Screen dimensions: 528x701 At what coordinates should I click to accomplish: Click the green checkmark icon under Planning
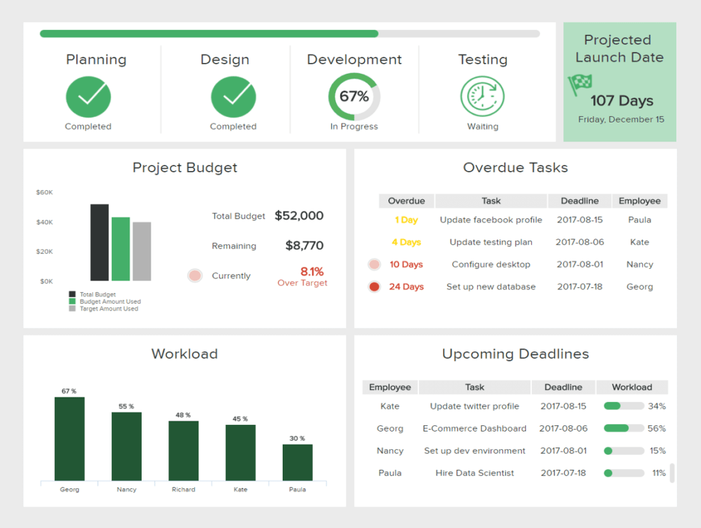click(88, 96)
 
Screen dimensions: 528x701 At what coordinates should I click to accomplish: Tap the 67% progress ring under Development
click(354, 96)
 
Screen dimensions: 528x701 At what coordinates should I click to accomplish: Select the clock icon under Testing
click(483, 96)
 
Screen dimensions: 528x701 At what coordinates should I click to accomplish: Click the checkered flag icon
click(578, 84)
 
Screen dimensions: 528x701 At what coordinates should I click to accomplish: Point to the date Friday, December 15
click(621, 119)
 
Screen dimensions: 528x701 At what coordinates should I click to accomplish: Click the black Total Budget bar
click(99, 243)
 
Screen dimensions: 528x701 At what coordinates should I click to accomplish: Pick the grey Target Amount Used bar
click(142, 252)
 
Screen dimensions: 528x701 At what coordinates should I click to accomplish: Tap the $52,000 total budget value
click(299, 215)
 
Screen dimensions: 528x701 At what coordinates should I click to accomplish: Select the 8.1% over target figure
click(311, 272)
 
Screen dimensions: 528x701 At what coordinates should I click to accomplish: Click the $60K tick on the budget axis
click(44, 192)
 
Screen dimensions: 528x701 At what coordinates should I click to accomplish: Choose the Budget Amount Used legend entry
click(110, 302)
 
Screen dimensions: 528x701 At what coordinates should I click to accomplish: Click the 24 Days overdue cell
click(406, 287)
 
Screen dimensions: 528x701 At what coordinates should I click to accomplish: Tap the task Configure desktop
click(491, 265)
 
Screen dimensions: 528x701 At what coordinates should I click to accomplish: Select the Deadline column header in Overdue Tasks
click(580, 201)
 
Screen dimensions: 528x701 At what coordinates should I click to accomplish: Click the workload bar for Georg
click(70, 438)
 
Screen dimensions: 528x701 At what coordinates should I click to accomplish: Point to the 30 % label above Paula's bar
click(297, 438)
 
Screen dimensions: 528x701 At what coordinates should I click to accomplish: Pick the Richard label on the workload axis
click(183, 490)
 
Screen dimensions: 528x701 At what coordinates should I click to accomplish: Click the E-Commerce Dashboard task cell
click(474, 429)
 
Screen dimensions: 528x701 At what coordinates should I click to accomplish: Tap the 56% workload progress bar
click(624, 429)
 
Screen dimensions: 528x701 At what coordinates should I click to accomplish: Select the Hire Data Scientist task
click(474, 473)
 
